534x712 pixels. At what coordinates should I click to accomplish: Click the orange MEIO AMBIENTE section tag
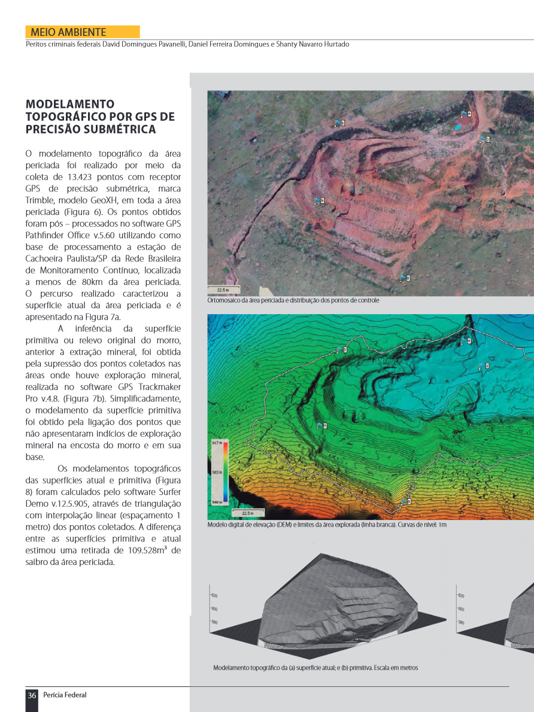(x=82, y=32)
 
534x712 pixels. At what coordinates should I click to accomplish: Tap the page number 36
(x=32, y=695)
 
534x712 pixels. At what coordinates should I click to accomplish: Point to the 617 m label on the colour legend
(x=217, y=443)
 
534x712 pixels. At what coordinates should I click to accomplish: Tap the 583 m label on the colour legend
(x=217, y=472)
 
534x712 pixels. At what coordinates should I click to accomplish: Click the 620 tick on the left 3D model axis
(x=214, y=595)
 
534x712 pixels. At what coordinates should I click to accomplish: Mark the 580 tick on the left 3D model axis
(x=214, y=623)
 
